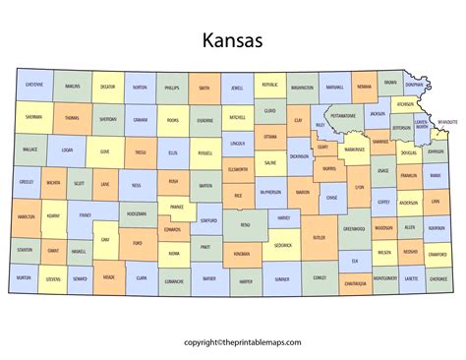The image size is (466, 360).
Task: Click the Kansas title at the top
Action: tap(232, 41)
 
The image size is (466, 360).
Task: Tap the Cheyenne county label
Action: tap(33, 86)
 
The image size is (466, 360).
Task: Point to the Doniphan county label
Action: tap(415, 86)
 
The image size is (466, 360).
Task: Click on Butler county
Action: tap(319, 237)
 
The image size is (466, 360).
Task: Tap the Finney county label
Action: tap(85, 213)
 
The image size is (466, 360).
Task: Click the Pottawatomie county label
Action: tap(343, 115)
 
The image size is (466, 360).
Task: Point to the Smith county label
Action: tap(204, 88)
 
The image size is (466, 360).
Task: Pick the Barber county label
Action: tap(209, 278)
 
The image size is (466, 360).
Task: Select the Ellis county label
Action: tap(173, 152)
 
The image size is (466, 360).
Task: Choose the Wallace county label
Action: tap(29, 150)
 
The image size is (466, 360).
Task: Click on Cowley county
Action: tap(320, 278)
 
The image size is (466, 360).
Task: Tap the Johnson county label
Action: tap(436, 152)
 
